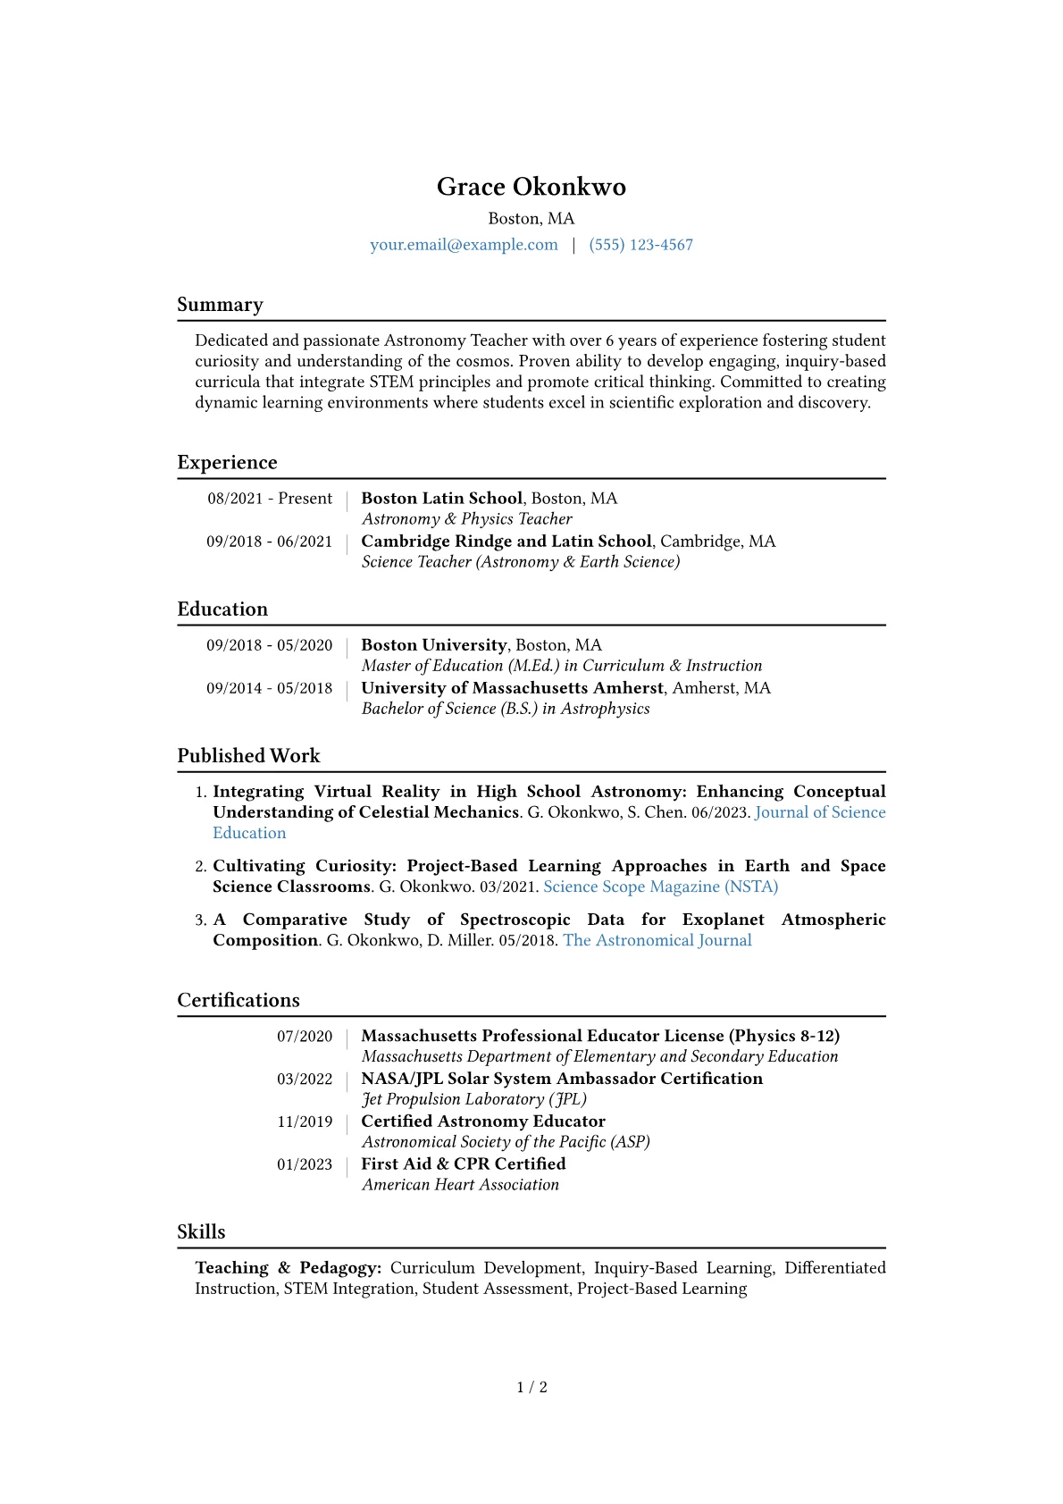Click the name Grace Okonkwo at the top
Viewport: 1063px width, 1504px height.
click(x=531, y=187)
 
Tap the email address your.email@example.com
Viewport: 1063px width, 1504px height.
click(x=464, y=245)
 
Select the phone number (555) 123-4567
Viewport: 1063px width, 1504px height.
click(x=640, y=245)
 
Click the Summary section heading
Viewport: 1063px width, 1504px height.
click(x=220, y=305)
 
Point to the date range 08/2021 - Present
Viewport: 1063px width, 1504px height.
click(x=270, y=499)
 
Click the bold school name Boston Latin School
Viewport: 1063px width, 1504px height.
click(x=441, y=499)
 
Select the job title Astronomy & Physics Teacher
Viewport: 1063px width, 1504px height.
click(x=466, y=519)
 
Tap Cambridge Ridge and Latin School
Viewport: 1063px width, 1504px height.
click(x=506, y=542)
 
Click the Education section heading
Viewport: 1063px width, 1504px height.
click(x=222, y=609)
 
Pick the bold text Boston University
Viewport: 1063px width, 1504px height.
click(x=433, y=645)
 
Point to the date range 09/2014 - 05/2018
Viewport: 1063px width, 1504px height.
click(x=269, y=688)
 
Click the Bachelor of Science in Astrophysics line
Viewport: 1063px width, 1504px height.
click(x=506, y=709)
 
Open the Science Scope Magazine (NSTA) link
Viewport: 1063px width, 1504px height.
click(x=660, y=886)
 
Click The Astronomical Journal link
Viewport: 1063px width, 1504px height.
click(x=657, y=940)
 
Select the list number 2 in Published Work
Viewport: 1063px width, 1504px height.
click(x=200, y=867)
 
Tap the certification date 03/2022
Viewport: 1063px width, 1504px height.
click(x=304, y=1080)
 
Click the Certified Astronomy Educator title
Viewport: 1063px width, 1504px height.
click(x=482, y=1122)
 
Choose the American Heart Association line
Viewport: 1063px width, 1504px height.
click(x=460, y=1185)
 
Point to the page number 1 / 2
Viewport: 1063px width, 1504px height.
click(x=531, y=1387)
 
